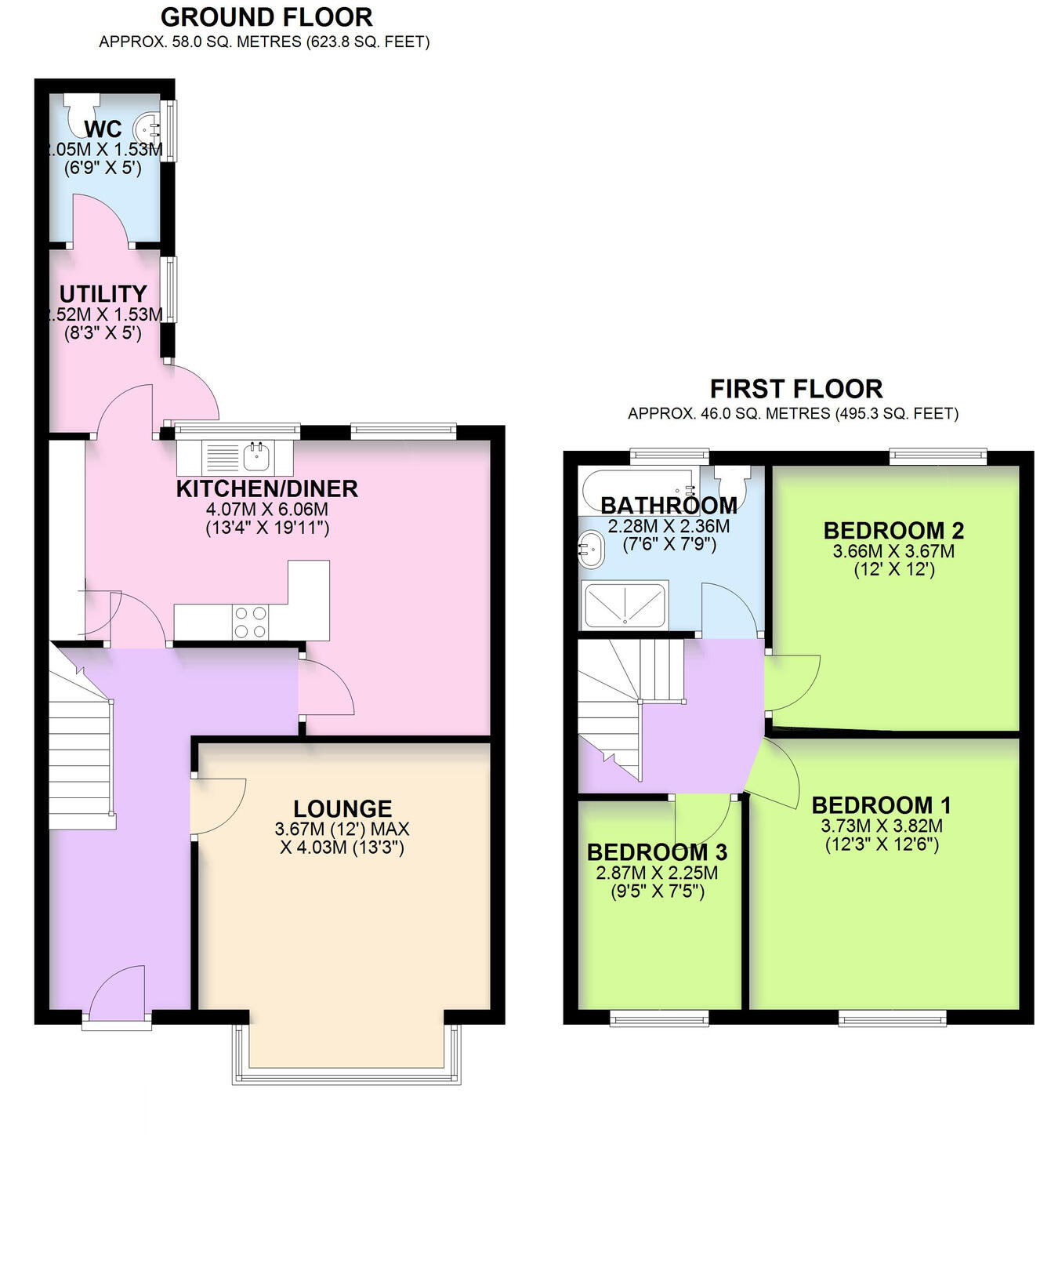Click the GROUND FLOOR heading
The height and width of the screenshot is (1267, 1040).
point(266,17)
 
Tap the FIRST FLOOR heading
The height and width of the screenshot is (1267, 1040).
point(796,389)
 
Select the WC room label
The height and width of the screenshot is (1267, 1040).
point(103,129)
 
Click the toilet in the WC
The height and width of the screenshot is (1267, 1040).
point(82,110)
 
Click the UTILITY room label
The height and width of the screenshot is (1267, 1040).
point(103,294)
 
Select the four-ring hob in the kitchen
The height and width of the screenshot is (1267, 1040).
point(251,623)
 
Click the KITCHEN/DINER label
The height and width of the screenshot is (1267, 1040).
point(266,488)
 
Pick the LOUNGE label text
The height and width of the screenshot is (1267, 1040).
point(342,808)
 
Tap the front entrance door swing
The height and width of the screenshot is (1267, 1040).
point(118,994)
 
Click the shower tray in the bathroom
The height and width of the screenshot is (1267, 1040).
point(625,605)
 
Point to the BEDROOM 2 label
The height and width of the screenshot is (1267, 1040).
point(893,531)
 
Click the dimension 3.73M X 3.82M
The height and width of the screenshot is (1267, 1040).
point(882,826)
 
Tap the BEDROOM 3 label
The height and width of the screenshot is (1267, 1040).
point(657,852)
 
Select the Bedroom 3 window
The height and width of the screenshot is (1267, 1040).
point(659,1018)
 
